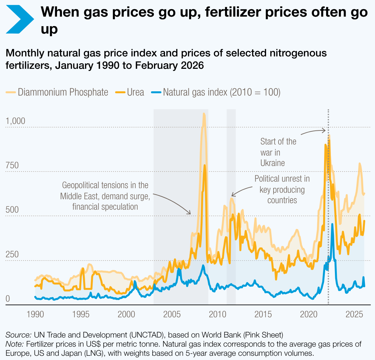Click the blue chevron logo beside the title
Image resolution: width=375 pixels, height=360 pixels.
[x=20, y=20]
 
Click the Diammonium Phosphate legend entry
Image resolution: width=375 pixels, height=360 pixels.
[x=57, y=92]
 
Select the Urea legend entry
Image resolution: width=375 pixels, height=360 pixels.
[x=130, y=92]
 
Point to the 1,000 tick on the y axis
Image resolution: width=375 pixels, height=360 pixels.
[x=15, y=121]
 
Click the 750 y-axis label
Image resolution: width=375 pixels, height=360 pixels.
[x=12, y=166]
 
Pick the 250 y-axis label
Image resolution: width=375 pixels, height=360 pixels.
[x=12, y=254]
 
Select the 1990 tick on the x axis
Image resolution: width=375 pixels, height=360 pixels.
[x=35, y=314]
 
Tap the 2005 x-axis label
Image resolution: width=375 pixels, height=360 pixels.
[x=172, y=314]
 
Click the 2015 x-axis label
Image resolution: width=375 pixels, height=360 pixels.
[x=263, y=314]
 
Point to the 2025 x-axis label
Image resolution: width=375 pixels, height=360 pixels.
[x=354, y=314]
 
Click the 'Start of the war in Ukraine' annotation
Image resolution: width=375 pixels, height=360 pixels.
[x=278, y=152]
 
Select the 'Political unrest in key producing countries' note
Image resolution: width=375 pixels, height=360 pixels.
[x=282, y=189]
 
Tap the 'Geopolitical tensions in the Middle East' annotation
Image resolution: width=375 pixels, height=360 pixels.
[x=105, y=196]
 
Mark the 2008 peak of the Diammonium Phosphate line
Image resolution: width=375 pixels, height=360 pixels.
[x=204, y=114]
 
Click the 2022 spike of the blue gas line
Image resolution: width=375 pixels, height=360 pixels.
[x=332, y=224]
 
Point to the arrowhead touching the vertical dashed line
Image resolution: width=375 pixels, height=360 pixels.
[x=324, y=130]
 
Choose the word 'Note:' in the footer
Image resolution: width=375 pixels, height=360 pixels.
[x=15, y=344]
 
